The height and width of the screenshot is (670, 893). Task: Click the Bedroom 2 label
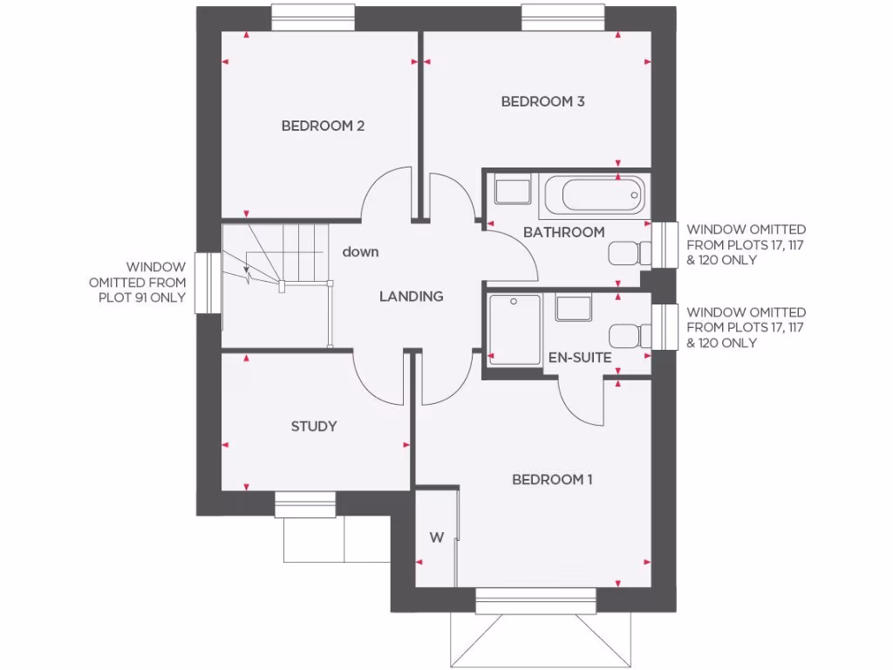tap(323, 126)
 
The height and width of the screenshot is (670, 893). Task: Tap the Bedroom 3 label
tap(542, 101)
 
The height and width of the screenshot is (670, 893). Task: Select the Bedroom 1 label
tap(552, 479)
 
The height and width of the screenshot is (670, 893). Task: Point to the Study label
tap(314, 427)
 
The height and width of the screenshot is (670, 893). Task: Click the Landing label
tap(411, 297)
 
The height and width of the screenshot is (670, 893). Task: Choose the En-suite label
tap(579, 358)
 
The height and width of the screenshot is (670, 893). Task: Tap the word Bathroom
tap(563, 232)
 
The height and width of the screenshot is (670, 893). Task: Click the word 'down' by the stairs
tap(360, 252)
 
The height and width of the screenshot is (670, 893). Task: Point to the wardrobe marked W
tap(436, 537)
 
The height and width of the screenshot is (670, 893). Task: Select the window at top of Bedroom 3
tap(562, 17)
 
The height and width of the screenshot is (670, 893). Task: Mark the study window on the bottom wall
tap(305, 503)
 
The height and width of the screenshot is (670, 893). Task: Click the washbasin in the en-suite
tap(573, 309)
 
